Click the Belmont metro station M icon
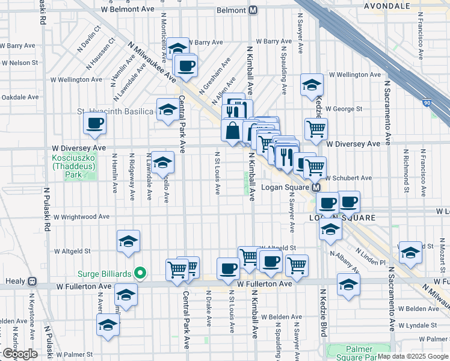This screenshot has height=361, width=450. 253,10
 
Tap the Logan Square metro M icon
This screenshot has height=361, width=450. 316,188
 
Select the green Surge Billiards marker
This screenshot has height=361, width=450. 140,274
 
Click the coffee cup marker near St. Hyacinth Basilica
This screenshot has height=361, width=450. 95,124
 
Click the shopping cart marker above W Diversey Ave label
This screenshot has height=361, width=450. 316,128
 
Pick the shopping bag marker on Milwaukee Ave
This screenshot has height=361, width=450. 232,130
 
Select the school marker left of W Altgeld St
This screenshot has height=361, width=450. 128,242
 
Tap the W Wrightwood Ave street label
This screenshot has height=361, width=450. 81,217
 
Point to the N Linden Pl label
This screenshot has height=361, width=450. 369,258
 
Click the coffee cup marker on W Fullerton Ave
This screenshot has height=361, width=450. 228,268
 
